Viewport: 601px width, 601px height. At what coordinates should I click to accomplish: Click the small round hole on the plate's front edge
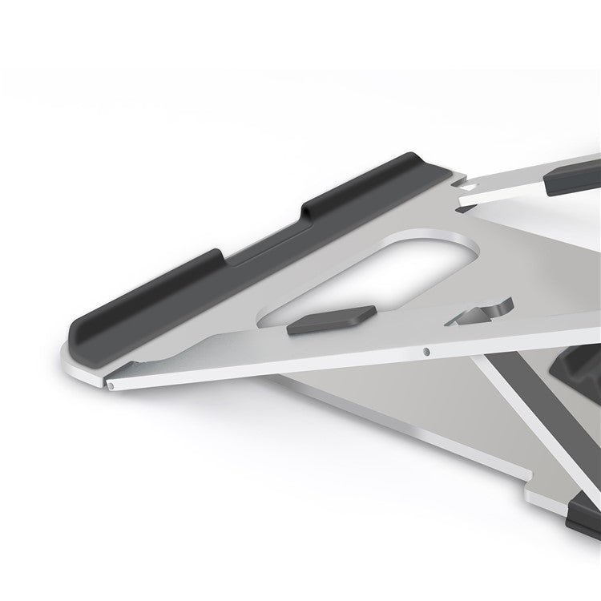(x=426, y=350)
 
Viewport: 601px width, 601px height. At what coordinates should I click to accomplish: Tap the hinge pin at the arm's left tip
(x=113, y=385)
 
